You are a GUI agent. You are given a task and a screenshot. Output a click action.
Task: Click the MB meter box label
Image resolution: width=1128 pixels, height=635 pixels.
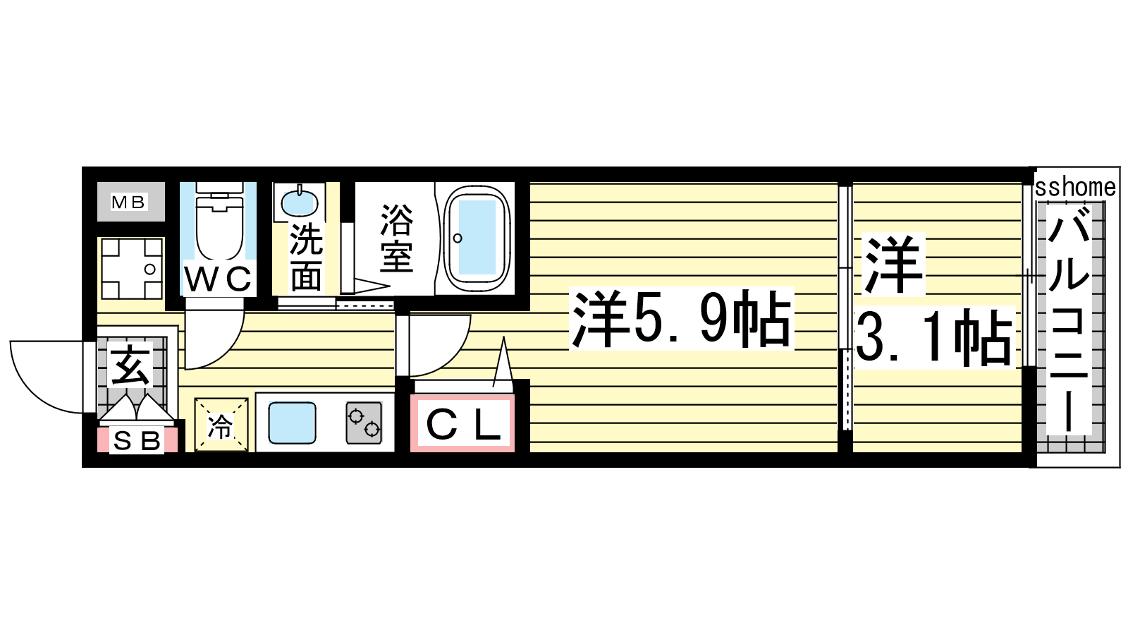coord(128,202)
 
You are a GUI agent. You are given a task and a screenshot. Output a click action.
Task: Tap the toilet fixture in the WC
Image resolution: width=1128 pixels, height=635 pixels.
coord(219,222)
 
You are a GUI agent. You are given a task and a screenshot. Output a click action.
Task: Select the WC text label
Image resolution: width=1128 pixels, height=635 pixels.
coord(218,279)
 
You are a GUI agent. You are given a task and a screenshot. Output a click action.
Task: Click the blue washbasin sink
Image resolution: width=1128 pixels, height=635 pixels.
coord(299,202)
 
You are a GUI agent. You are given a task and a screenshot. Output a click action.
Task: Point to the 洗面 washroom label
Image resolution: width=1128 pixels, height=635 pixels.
coord(306,257)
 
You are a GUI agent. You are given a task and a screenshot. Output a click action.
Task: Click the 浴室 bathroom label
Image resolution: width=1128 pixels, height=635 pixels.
coord(397,238)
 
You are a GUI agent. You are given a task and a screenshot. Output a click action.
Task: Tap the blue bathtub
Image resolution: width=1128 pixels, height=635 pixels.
coord(476,237)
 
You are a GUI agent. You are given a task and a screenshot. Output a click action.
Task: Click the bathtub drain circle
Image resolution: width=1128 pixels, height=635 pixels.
coord(458,238)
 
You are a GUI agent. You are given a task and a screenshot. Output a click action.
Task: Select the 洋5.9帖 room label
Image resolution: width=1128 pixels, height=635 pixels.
coord(681,319)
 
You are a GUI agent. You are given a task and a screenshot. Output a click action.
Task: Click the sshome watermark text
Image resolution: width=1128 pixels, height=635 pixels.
coord(1076,188)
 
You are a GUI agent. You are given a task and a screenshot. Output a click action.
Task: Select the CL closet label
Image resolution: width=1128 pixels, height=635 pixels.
coord(462,424)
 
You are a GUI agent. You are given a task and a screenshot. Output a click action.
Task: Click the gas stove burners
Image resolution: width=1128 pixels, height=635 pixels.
coord(364,423)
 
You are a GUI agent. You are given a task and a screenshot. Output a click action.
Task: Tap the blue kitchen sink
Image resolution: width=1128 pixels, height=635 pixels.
coord(292,423)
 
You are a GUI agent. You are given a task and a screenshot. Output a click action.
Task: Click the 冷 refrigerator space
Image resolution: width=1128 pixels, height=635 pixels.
coord(221,425)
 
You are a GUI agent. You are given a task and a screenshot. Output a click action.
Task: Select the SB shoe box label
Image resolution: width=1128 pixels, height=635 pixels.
coord(137,442)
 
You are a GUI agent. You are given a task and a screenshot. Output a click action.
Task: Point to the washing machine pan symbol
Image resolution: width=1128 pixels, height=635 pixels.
coord(132,269)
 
